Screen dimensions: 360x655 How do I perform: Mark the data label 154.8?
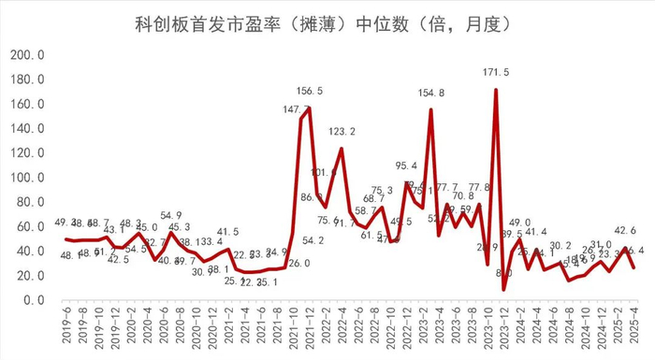click(x=430, y=93)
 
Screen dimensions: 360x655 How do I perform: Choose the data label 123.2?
click(x=342, y=132)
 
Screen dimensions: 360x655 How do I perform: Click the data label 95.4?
click(x=407, y=166)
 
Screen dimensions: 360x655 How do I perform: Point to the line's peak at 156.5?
click(x=309, y=108)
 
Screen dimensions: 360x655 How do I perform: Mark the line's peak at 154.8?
click(x=430, y=110)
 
